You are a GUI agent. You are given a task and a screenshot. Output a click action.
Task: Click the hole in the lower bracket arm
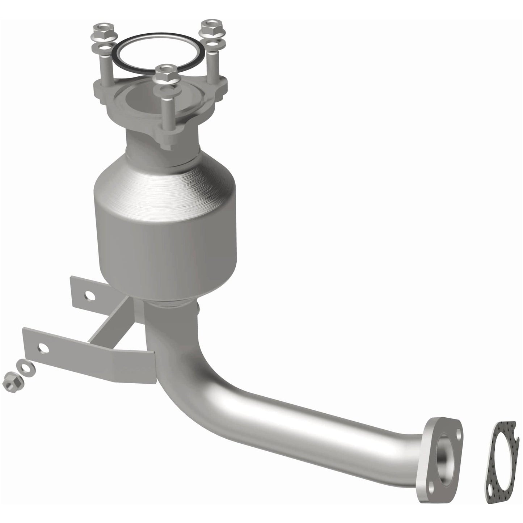44,348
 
